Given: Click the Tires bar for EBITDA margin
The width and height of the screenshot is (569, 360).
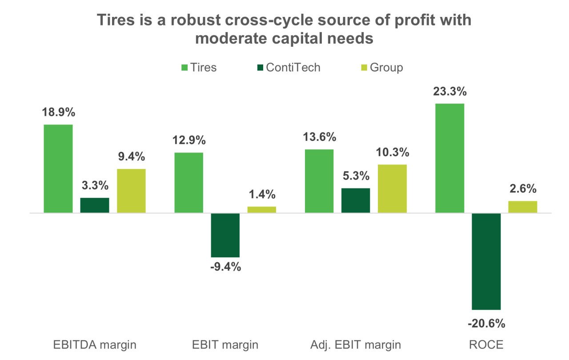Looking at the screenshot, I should click(x=58, y=168).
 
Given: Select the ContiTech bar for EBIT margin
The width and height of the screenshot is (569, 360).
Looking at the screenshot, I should click(x=225, y=235).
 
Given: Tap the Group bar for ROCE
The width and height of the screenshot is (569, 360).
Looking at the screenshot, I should click(x=523, y=207).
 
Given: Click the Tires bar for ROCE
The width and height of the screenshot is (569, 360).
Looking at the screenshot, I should click(x=450, y=158).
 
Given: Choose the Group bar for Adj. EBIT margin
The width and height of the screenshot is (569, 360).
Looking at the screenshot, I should click(x=392, y=188).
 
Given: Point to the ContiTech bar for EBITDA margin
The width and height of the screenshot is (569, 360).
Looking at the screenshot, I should click(x=95, y=205).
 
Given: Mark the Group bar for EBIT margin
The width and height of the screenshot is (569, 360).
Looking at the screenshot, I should click(x=261, y=210).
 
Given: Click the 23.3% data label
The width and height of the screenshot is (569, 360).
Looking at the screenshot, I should click(x=450, y=92).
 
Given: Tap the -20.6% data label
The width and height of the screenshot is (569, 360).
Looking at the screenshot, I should click(x=486, y=323).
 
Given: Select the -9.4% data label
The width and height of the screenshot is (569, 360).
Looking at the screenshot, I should click(x=225, y=268).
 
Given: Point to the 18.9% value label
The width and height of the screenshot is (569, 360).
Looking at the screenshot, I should click(x=58, y=112).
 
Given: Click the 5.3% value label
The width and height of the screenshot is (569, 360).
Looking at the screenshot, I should click(x=356, y=176).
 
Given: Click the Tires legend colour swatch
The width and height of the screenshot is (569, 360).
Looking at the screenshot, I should click(x=185, y=68).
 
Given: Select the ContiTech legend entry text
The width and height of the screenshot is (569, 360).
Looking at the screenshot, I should click(x=293, y=68).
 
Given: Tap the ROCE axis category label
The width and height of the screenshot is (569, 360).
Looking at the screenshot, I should click(x=486, y=344).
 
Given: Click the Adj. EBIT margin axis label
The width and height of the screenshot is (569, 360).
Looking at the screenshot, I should click(x=356, y=344).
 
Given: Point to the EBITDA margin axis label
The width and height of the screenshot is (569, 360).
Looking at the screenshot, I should click(x=95, y=344).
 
